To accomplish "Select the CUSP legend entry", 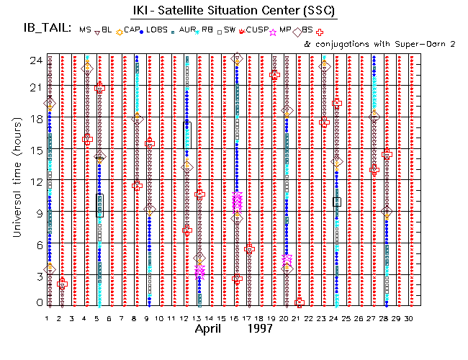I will tap(256, 30).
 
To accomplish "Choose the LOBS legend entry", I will tap(158, 30).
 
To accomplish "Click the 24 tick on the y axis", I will tap(34, 60).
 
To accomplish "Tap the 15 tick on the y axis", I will tap(34, 150).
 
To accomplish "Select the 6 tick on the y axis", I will tap(37, 244).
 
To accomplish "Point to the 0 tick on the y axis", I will tap(37, 303).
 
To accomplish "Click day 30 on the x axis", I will tap(408, 318).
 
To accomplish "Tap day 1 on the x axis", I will tap(48, 318).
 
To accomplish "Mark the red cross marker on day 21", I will tap(300, 303).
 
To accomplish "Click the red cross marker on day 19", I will tap(274, 75).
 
